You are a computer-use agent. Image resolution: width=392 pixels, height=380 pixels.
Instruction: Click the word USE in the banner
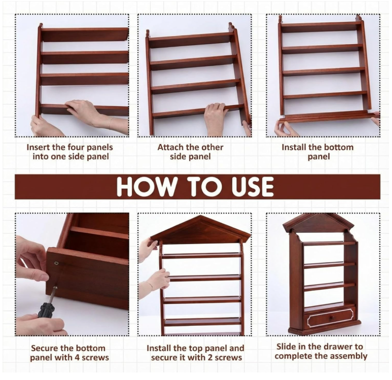(252, 187)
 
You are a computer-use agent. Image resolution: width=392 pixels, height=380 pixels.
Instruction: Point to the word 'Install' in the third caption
(294, 147)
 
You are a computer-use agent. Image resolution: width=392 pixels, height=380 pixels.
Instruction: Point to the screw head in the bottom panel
(57, 263)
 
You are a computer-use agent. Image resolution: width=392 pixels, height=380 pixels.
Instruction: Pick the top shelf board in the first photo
(85, 34)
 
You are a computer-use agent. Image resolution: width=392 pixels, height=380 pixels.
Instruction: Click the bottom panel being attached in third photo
(328, 117)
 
